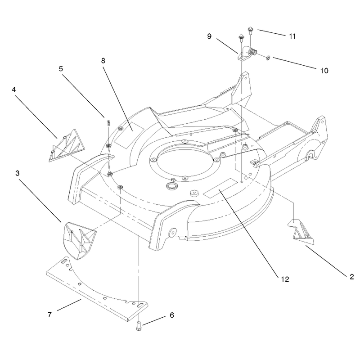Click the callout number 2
pos(352,277)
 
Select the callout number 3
pos(18,173)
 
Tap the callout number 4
pos(14,90)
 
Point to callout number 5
pos(61,69)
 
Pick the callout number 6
pos(172,315)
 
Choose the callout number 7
pos(50,314)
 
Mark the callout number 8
pos(103,61)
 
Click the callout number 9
pos(209,36)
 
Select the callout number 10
pos(324,71)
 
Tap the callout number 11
pos(292,36)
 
